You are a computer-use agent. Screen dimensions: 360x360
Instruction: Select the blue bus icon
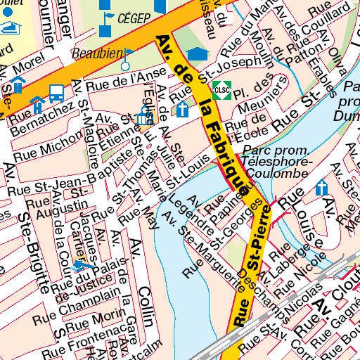coord(56,92)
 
